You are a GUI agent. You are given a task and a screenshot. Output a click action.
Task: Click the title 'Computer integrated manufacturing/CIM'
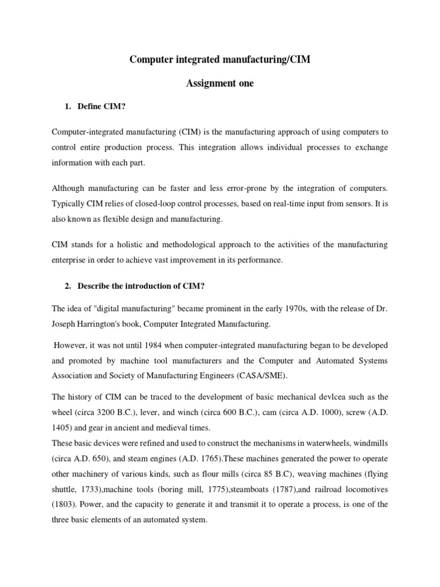coord(219,60)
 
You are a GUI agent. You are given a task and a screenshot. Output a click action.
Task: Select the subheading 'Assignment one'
coord(219,84)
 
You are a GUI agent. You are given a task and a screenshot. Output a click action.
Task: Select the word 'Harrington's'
coord(107,324)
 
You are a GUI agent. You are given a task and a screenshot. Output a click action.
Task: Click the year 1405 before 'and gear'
coord(61,427)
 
